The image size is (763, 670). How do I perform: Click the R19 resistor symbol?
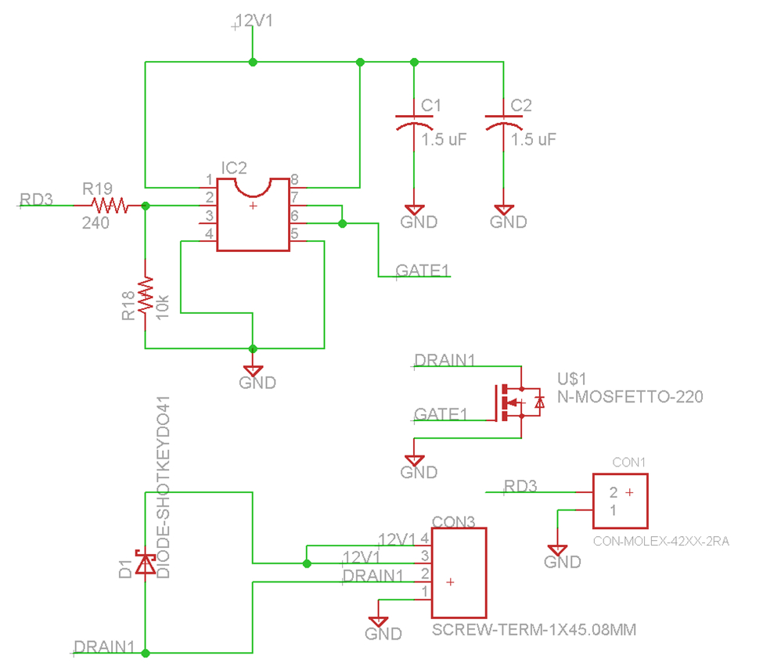click(x=109, y=205)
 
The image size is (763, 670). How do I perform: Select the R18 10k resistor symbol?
click(x=145, y=296)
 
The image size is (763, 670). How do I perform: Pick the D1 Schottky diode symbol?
click(x=146, y=563)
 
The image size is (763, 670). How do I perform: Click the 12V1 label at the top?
click(x=254, y=22)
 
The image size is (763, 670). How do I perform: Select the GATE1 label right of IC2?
click(x=423, y=271)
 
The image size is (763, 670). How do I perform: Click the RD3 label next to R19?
click(x=37, y=200)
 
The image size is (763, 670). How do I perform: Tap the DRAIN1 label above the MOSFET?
click(x=444, y=361)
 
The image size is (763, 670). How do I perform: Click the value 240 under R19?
click(x=94, y=223)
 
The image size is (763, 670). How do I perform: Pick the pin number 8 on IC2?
click(x=294, y=179)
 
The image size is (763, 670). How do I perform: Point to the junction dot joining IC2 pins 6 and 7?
click(x=342, y=224)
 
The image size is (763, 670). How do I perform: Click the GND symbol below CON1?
click(x=557, y=551)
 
